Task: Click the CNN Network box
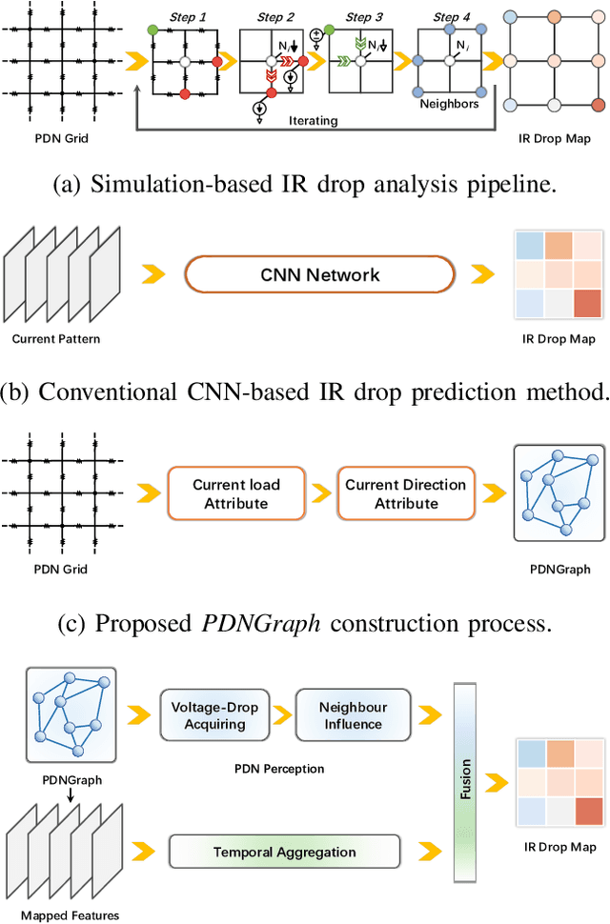[x=319, y=275]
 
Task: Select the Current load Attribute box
[x=236, y=492]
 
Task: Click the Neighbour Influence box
[x=353, y=716]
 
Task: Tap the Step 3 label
[x=364, y=16]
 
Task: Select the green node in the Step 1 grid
[x=153, y=30]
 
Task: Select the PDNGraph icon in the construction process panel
[x=550, y=493]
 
